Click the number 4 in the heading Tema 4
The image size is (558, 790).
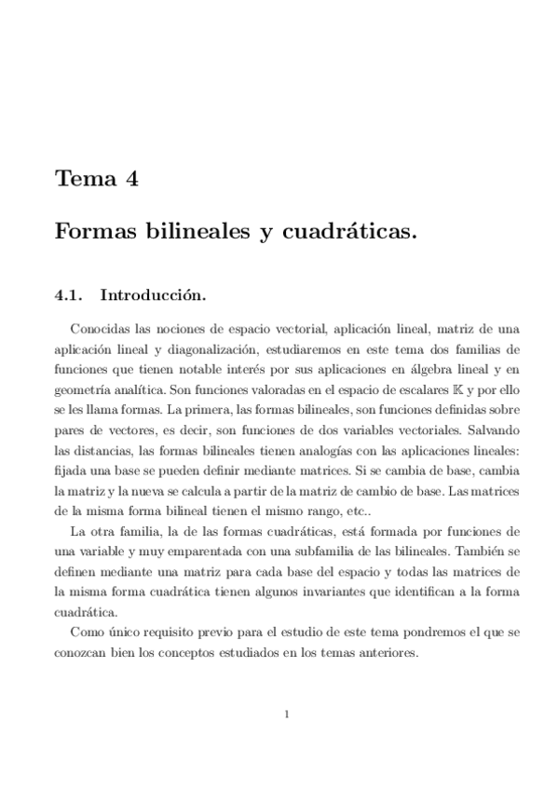[x=131, y=179]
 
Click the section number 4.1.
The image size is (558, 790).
[x=70, y=295]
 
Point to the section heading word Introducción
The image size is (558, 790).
[x=153, y=295]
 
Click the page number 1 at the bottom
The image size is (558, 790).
[x=287, y=715]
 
